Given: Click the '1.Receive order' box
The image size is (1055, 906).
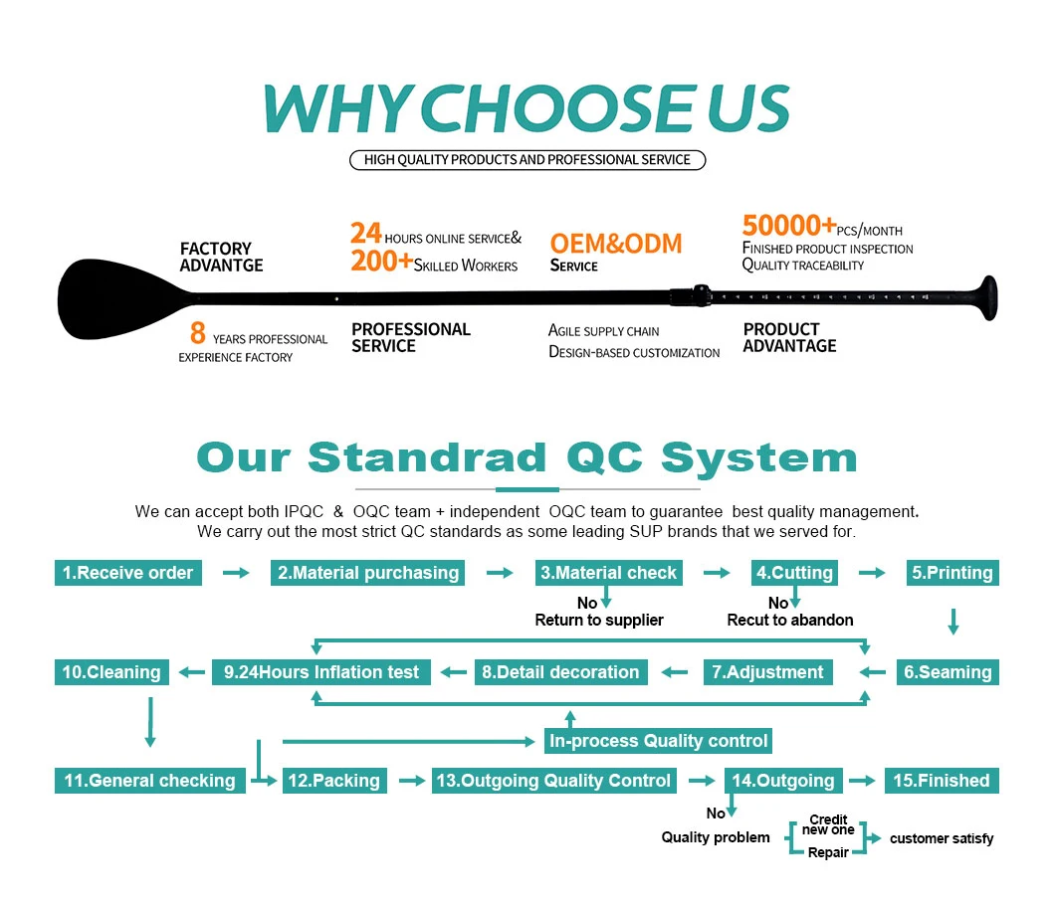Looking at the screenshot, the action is [x=128, y=573].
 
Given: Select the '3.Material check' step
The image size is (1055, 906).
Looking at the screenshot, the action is [x=608, y=573].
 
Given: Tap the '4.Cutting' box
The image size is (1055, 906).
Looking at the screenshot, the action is [x=793, y=573].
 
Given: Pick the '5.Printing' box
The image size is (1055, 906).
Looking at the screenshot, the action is [x=952, y=573].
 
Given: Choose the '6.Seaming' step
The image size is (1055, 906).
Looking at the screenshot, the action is [x=948, y=672].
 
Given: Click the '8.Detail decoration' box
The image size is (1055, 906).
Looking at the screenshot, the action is [x=560, y=672].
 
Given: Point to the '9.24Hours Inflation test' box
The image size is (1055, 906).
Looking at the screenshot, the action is [x=321, y=672].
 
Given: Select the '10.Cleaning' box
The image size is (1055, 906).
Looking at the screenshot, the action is [x=111, y=672].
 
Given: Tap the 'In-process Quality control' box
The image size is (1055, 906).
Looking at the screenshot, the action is [x=658, y=741].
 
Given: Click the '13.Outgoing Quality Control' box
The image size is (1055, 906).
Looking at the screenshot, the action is [x=553, y=781].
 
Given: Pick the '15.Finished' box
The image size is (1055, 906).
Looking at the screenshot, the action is [x=942, y=781].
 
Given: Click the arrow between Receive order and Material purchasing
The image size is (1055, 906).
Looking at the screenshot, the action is [x=236, y=573].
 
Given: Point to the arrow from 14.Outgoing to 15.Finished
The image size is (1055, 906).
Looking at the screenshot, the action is [x=864, y=781].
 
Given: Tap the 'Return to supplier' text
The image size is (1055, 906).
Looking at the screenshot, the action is [x=599, y=620].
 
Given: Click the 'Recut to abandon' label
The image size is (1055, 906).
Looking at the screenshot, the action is [x=790, y=620].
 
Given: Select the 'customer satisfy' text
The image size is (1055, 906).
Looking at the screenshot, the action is [x=941, y=838].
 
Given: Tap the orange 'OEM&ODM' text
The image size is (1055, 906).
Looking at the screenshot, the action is [x=616, y=242].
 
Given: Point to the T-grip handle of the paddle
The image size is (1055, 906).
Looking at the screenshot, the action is [x=986, y=297].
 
